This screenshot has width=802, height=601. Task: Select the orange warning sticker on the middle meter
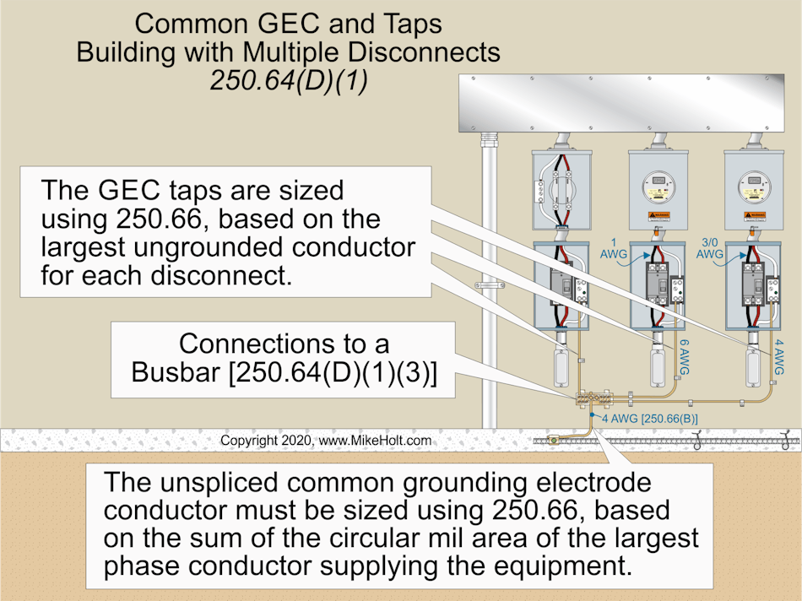[x=654, y=217]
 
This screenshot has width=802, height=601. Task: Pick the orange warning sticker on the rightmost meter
[x=751, y=217]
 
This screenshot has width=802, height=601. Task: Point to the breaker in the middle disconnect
[x=655, y=290]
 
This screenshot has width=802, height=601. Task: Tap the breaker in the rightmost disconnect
[x=751, y=290]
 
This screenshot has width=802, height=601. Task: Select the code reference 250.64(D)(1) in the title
[x=288, y=82]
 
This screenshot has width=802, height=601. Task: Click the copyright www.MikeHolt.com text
[x=326, y=441]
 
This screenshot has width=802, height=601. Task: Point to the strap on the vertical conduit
[x=488, y=285]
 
